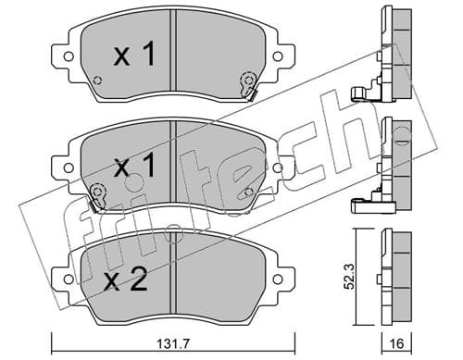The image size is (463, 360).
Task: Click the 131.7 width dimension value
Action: [x=173, y=343]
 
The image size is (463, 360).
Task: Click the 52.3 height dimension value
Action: [x=350, y=276]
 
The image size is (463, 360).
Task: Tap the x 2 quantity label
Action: [x=126, y=279]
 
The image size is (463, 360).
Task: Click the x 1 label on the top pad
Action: [x=134, y=55]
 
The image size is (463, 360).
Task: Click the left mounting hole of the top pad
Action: [x=69, y=56]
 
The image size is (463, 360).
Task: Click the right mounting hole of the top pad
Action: [x=278, y=56]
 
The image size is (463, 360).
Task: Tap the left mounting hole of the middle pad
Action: [x=69, y=168]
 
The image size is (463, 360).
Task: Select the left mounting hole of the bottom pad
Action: [x=69, y=279]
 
